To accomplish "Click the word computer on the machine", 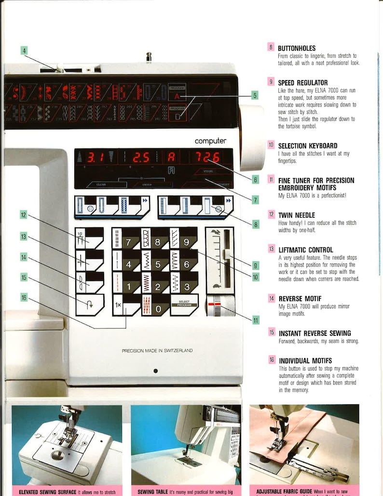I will tap(210, 141).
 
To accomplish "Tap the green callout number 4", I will tap(24, 50).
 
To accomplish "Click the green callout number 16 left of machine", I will tap(24, 298).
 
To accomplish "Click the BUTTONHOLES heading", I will tap(297, 48).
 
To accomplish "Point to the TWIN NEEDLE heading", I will tap(297, 215).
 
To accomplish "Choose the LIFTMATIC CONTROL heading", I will tap(306, 250).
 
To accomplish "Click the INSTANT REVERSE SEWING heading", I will tap(315, 333).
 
